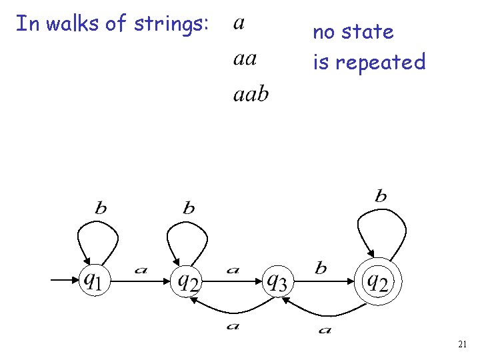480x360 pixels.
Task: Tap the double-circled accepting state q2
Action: [377, 281]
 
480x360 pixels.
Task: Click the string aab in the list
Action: [251, 94]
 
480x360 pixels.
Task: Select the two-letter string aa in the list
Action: [245, 59]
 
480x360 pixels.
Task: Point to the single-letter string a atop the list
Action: [239, 24]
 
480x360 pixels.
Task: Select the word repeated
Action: [380, 63]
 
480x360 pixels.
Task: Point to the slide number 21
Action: [463, 344]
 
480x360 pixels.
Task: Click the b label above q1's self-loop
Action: [100, 208]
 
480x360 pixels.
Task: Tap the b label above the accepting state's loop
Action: [381, 196]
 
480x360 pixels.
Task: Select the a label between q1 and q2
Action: [140, 270]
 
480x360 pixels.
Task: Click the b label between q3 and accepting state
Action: [321, 268]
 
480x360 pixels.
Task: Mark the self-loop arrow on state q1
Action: [97, 233]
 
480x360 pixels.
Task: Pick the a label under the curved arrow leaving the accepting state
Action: [325, 329]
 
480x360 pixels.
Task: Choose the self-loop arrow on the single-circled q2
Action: [187, 233]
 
